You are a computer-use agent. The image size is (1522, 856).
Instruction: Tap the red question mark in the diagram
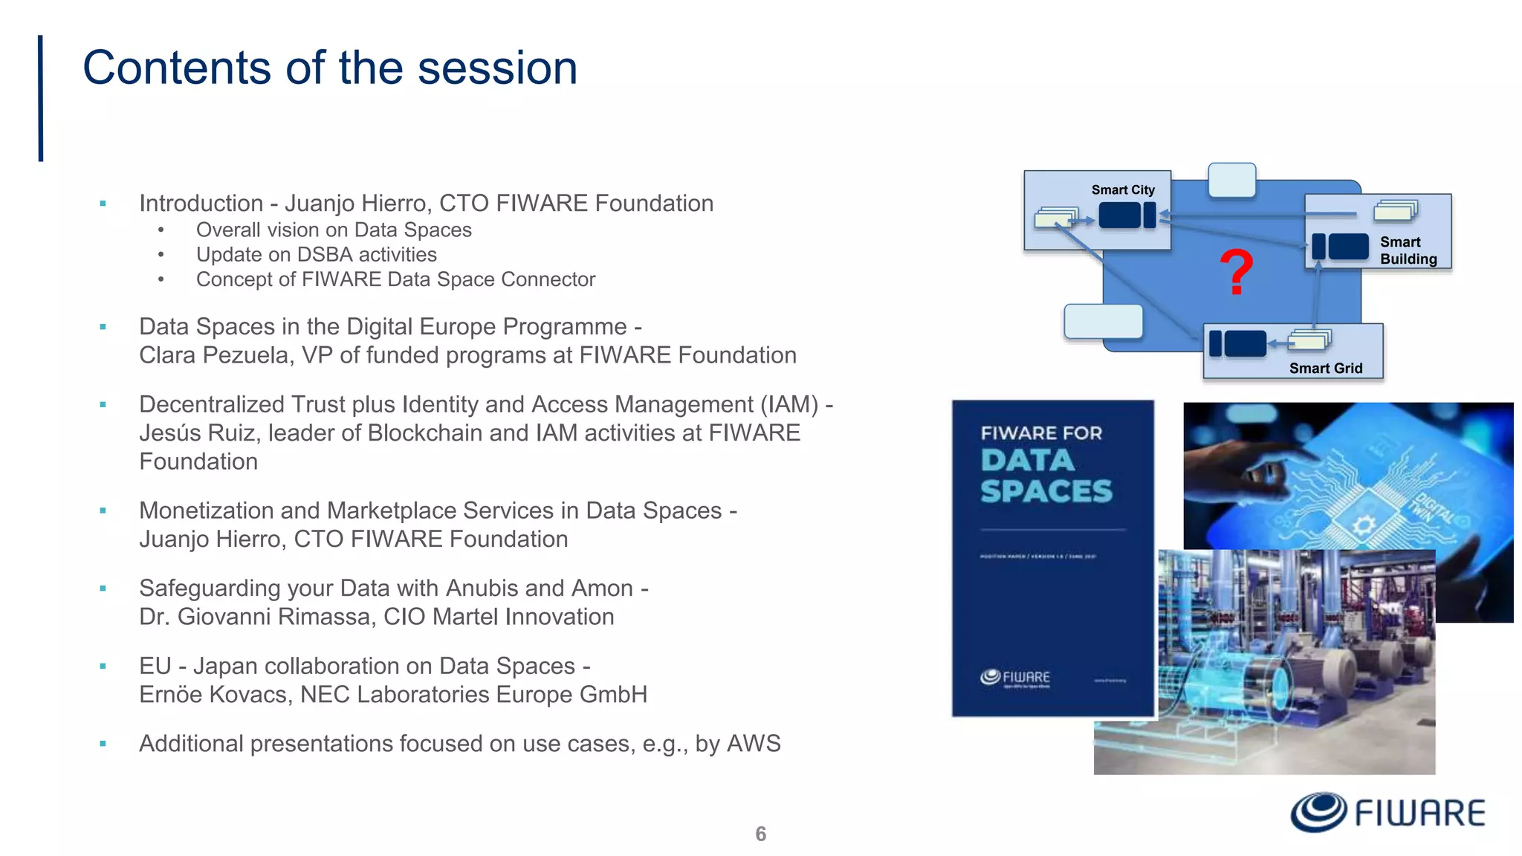coord(1236,273)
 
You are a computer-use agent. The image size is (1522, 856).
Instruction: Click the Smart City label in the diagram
coord(1122,190)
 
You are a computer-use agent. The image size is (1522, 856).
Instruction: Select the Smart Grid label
coord(1325,369)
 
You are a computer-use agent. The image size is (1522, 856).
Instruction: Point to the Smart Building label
coord(1408,250)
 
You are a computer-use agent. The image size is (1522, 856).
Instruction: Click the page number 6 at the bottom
coord(760,834)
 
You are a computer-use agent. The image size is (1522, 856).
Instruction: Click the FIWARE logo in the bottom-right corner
coord(1387,812)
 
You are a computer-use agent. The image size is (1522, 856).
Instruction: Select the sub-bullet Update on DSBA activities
coord(316,255)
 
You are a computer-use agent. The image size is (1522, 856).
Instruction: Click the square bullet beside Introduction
coord(103,204)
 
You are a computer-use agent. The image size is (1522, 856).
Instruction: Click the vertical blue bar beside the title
coord(41,98)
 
